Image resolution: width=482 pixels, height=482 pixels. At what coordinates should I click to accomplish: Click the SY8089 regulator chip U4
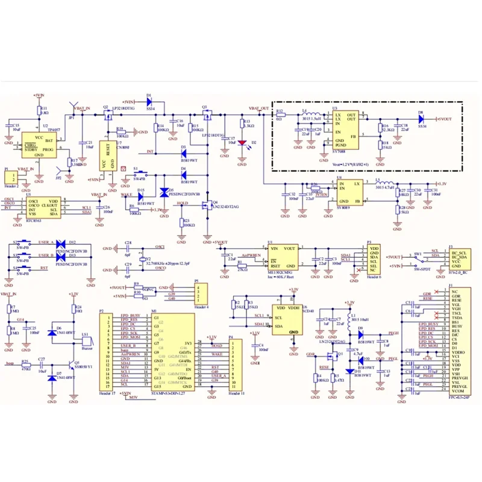point(349,192)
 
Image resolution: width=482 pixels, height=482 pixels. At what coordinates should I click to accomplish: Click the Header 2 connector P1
point(10,180)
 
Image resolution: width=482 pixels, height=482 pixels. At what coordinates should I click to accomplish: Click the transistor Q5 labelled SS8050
point(74,365)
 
